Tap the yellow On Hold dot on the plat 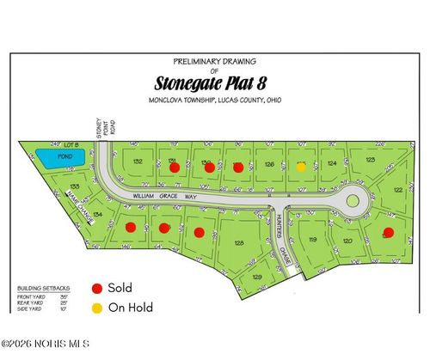click(301, 168)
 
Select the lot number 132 click(138, 161)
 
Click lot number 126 click(269, 163)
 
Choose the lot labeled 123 click(370, 160)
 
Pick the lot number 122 click(398, 190)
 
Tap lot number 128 click(238, 243)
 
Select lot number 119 click(314, 240)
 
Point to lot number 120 click(347, 242)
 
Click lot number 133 click(75, 186)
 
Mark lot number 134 click(99, 214)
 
